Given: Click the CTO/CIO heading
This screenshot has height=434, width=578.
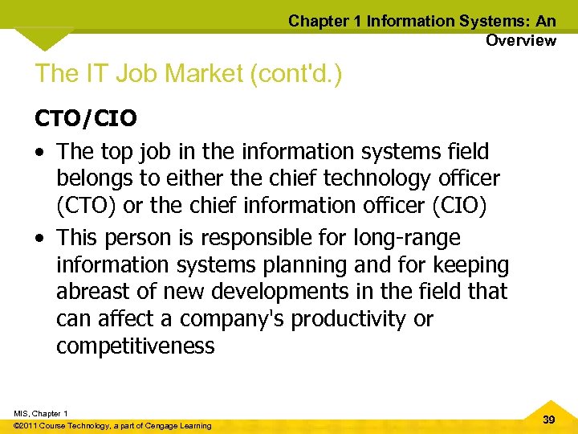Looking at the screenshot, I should point(86,119).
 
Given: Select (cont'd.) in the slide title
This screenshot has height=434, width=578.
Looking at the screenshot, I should point(296,73).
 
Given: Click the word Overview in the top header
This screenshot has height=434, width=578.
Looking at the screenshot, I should point(520,40).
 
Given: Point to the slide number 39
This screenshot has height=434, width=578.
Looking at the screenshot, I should point(549,419).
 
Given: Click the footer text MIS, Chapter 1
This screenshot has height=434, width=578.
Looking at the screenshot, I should point(40,413).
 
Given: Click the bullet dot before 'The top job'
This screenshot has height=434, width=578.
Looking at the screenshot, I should point(39,151).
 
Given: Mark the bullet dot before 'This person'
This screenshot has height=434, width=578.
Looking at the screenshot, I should point(39,238).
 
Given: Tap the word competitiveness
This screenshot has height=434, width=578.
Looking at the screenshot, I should point(136,346).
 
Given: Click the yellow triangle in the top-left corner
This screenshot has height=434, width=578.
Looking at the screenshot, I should point(43,37).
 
